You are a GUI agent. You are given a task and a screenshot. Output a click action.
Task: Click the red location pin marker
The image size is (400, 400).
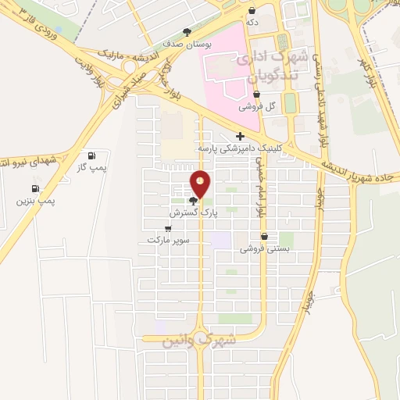[x=201, y=184]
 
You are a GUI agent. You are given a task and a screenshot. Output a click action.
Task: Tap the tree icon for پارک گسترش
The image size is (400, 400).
[x=193, y=201]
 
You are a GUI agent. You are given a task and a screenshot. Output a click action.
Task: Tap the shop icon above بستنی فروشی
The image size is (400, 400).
[x=264, y=236]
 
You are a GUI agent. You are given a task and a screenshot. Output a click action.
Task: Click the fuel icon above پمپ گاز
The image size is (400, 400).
[x=93, y=155]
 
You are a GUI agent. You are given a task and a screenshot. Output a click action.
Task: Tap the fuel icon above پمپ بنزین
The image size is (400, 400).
[x=34, y=188]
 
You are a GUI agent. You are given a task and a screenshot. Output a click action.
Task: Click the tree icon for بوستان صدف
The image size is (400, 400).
[x=186, y=32]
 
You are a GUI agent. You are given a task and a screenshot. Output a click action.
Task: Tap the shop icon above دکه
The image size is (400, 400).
[x=252, y=11]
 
